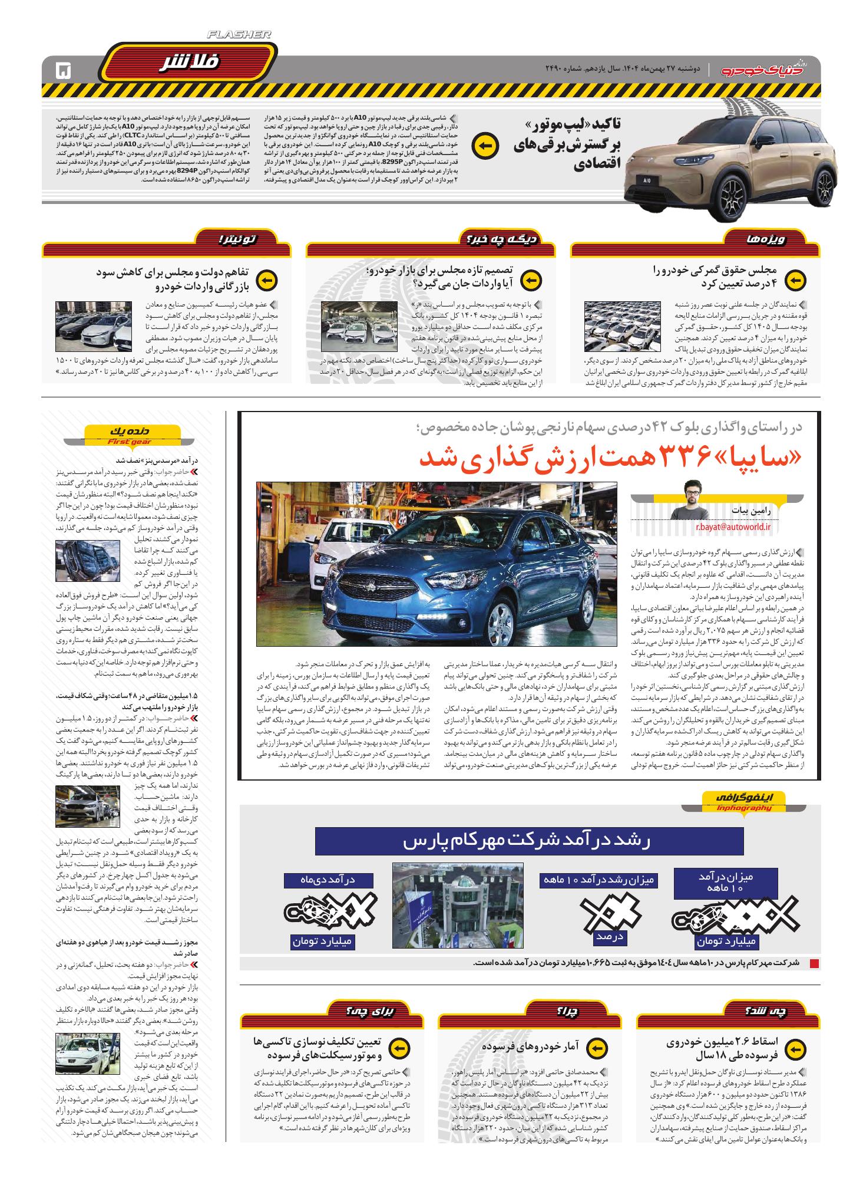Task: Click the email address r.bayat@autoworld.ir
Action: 733,527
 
